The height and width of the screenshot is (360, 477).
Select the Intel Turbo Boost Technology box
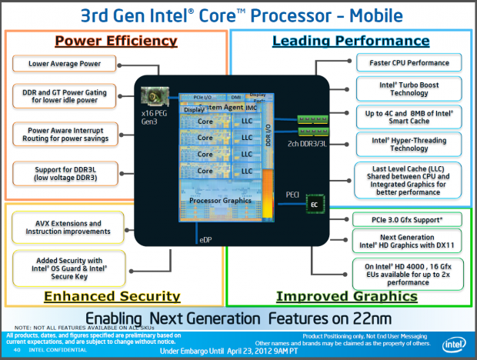coord(409,87)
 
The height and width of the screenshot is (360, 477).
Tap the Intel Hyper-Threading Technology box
coord(409,143)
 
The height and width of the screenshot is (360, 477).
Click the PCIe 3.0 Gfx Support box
coord(409,219)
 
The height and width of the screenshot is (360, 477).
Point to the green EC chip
coord(314,204)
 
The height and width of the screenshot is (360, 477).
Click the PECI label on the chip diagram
coord(293,194)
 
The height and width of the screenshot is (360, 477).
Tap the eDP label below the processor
coord(205,240)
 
